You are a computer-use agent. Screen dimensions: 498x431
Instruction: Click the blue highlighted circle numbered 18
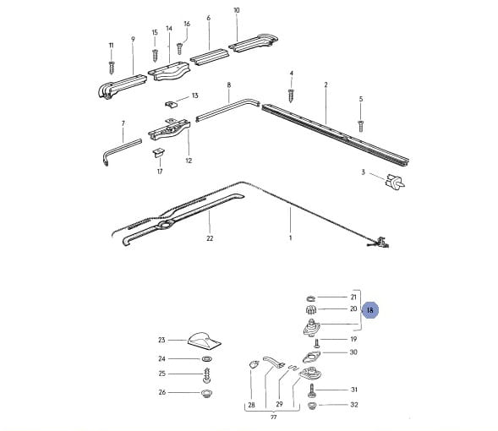coord(370,310)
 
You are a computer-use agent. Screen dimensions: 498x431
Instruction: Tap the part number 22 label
coord(210,238)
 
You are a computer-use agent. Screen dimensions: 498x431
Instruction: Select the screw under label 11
coord(112,68)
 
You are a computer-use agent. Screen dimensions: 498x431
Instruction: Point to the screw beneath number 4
coord(291,95)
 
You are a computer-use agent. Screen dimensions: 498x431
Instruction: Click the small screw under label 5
coord(360,126)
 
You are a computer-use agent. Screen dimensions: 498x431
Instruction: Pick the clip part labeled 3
coord(395,182)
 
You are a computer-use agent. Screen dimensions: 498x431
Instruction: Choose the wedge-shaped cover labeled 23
coord(204,339)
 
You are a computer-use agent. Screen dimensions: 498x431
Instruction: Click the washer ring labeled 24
coord(207,359)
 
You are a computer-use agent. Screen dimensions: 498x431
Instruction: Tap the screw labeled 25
coord(207,375)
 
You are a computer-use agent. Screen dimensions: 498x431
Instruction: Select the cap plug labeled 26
coord(207,394)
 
